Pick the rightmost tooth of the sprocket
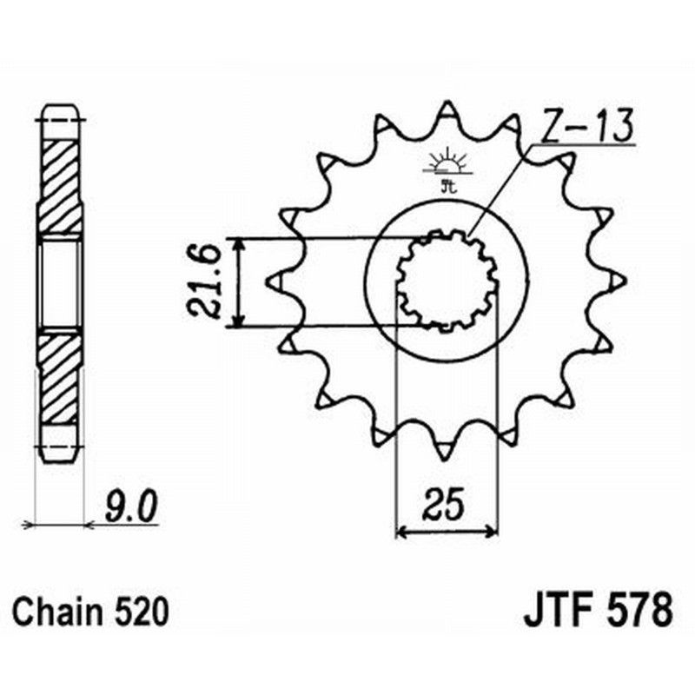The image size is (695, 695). click(615, 280)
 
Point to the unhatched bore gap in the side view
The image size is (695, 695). click(61, 282)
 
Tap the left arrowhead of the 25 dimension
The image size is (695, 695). click(401, 529)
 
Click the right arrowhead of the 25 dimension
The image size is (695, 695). click(493, 529)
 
